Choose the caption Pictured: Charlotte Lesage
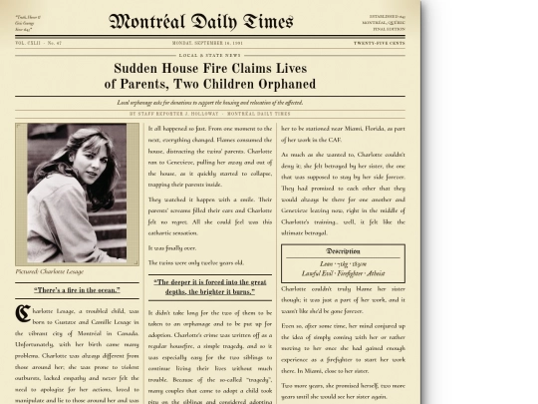[50, 271]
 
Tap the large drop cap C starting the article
[22, 313]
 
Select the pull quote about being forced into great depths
[210, 287]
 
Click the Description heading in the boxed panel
[343, 251]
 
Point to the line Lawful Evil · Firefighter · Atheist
[343, 272]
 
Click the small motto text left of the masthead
[29, 21]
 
